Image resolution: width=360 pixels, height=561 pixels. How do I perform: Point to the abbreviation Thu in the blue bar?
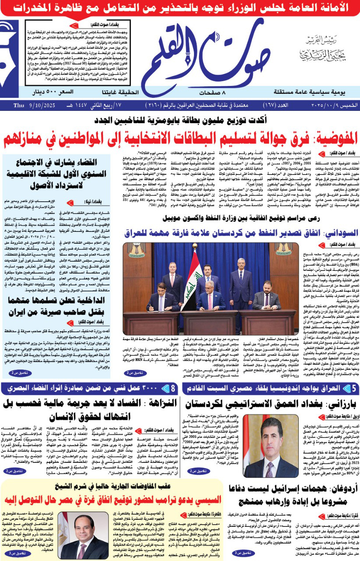point(19,106)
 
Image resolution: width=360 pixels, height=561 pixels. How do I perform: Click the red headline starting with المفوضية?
point(180,139)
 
